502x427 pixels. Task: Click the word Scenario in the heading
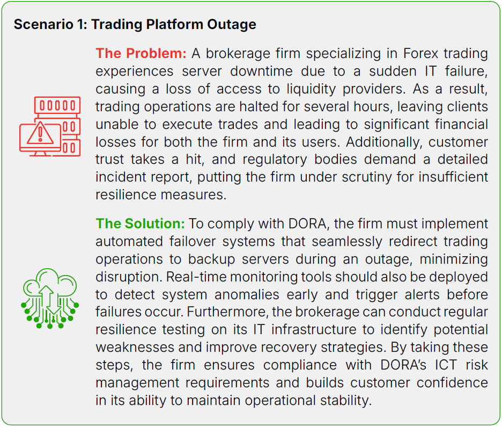[x=43, y=24]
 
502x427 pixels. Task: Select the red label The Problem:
[x=141, y=53]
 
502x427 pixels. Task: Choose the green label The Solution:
[x=140, y=223]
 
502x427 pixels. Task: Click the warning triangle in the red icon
[x=40, y=133]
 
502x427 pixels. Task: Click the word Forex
[x=420, y=53]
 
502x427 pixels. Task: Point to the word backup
[x=212, y=259]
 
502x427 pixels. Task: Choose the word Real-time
[x=195, y=277]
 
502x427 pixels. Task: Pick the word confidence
[x=452, y=383]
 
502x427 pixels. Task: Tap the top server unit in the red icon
[x=57, y=105]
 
